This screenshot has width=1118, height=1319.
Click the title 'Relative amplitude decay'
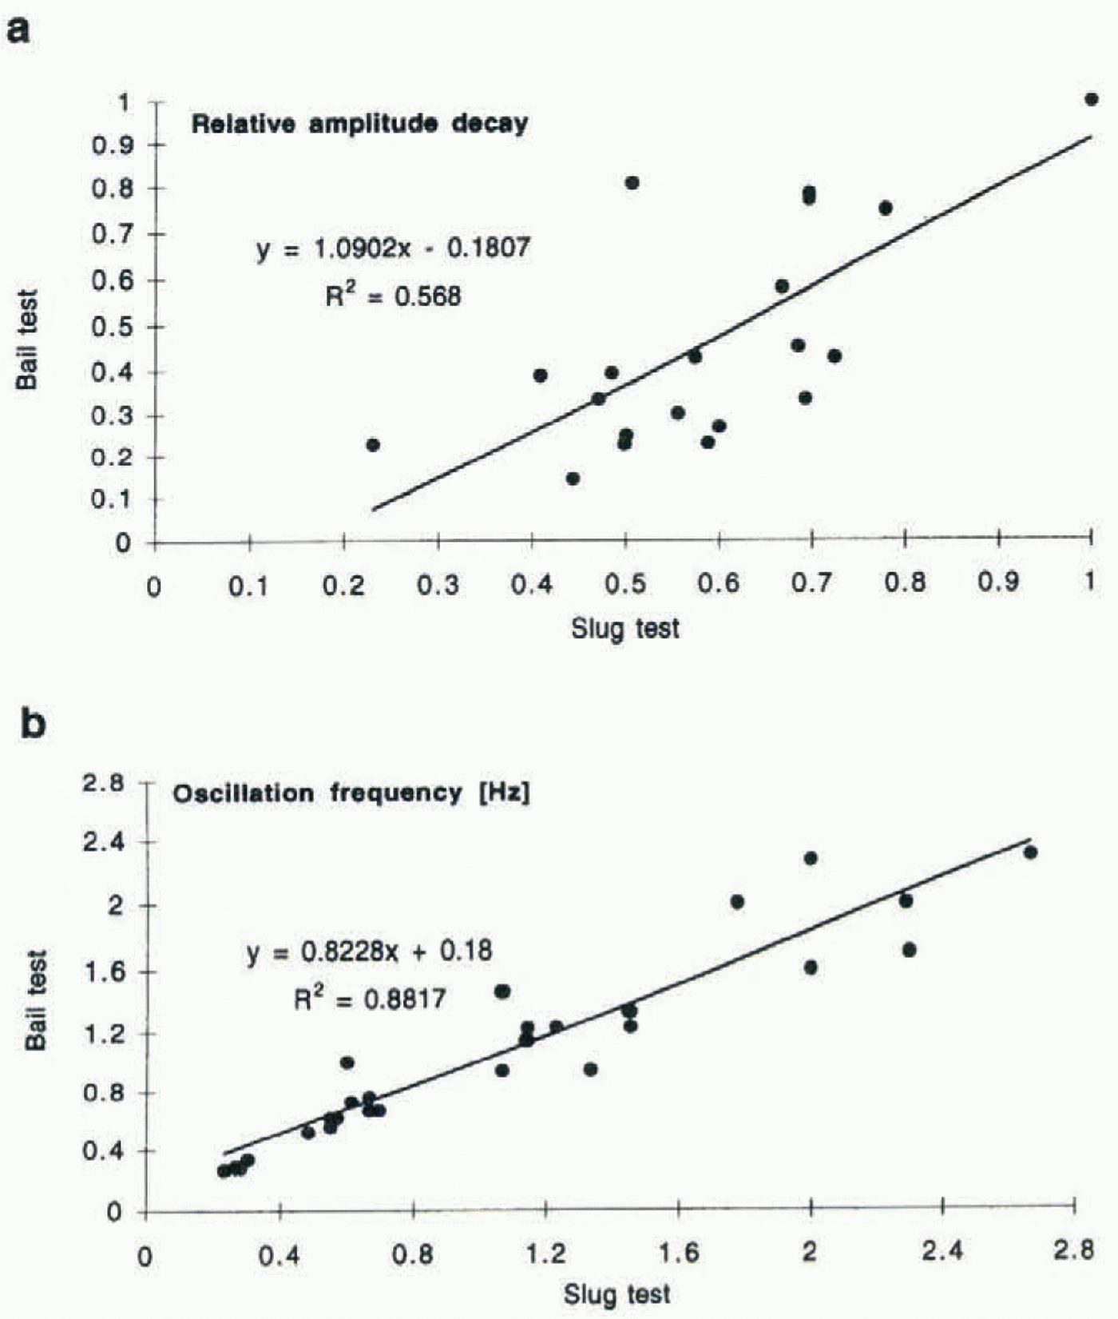point(359,124)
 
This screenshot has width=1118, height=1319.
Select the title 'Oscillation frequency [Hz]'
point(351,793)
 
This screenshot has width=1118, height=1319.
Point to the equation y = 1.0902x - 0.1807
point(393,248)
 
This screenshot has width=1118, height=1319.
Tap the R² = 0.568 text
point(393,296)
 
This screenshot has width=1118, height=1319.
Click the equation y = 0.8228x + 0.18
point(369,952)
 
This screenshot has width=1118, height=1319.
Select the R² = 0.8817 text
point(369,999)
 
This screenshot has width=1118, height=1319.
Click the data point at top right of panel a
point(1091,99)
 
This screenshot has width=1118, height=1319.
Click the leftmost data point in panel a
point(372,445)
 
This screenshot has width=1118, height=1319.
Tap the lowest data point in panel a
point(573,479)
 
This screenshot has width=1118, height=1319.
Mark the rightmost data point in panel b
point(1030,852)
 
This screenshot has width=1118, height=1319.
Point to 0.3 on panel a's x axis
point(438,586)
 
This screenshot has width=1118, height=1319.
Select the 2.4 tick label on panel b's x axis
point(942,1251)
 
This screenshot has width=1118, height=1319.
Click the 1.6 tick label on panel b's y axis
point(104,971)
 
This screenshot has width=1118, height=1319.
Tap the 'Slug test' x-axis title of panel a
point(624,629)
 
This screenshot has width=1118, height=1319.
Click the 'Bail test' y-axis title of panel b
point(35,999)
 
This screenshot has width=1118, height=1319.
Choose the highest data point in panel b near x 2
point(811,858)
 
